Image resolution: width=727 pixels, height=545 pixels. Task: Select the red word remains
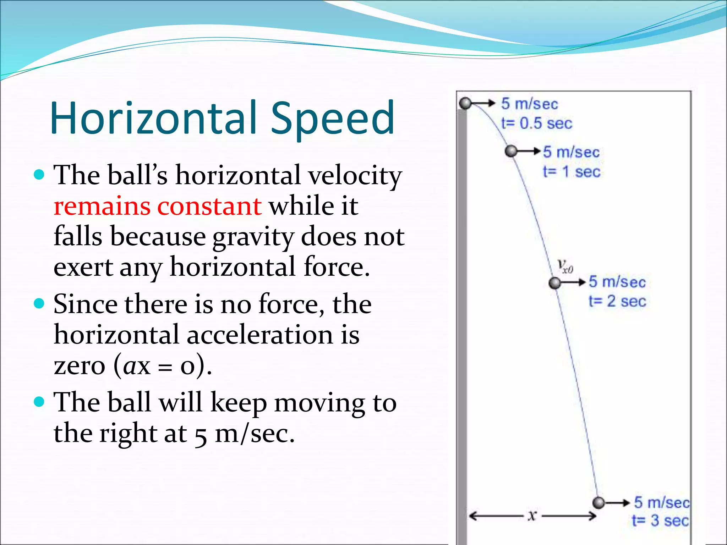(102, 206)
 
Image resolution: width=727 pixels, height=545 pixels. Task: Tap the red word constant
(209, 206)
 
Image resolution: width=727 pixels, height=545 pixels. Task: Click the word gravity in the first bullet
(253, 237)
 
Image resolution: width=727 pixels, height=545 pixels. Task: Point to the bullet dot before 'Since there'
(39, 304)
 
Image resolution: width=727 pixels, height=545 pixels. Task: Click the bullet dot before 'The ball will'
(39, 402)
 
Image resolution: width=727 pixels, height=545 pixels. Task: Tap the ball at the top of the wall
(465, 103)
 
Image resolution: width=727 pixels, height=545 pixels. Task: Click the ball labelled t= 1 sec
(511, 151)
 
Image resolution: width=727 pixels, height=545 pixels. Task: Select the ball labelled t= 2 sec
(555, 283)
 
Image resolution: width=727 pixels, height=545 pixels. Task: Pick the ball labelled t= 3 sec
(598, 502)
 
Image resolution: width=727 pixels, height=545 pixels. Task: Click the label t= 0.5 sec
(536, 123)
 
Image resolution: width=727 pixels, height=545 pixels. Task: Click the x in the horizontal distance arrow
(531, 515)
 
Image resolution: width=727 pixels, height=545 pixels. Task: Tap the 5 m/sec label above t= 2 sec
(617, 282)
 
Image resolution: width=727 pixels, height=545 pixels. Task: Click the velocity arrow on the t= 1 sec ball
(529, 151)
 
